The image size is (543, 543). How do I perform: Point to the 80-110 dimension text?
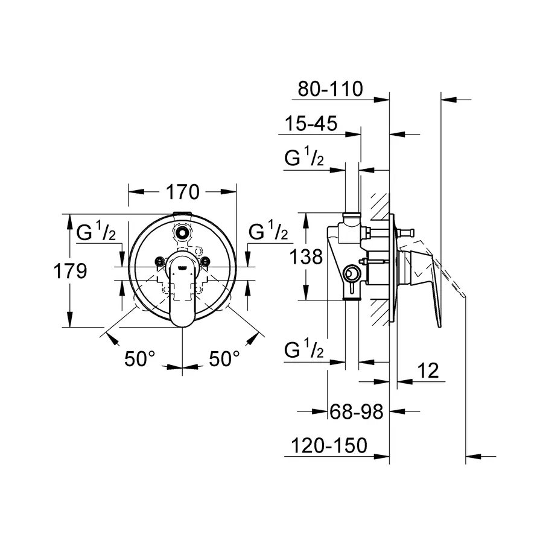[331, 89]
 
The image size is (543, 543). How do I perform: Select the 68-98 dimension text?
[357, 412]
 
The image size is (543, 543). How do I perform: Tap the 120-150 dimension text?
[329, 446]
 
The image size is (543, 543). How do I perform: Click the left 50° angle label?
[140, 360]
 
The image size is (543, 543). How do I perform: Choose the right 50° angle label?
[224, 360]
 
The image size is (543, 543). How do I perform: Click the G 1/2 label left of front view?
[97, 232]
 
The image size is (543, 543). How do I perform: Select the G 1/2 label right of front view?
[268, 231]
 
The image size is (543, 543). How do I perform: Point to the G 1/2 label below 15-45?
[305, 159]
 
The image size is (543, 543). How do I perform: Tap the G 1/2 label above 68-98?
[305, 350]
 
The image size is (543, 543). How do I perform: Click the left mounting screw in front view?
[159, 261]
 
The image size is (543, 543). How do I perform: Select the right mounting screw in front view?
[205, 261]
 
